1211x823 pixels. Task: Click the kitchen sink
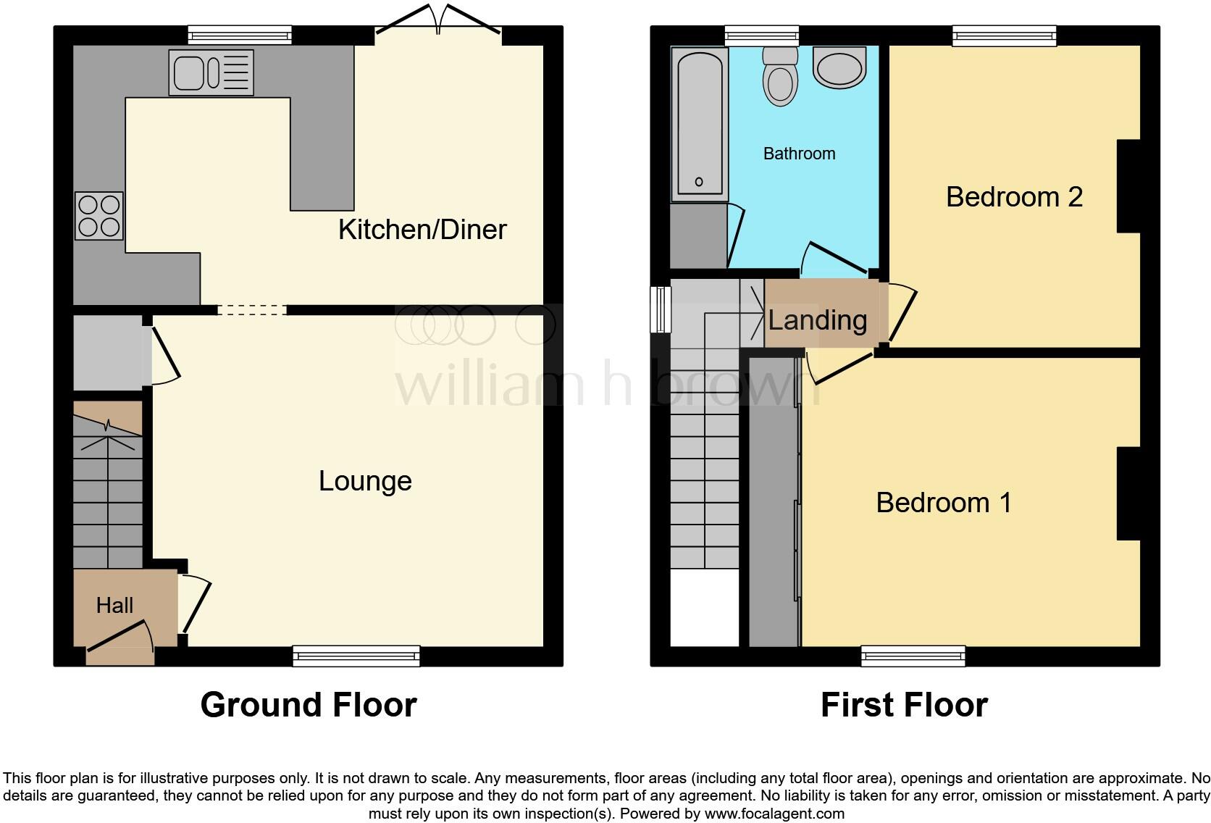coord(211,72)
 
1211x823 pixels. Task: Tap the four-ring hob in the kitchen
coord(99,216)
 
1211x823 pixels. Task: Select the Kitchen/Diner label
coord(422,230)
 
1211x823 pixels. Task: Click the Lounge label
coord(365,481)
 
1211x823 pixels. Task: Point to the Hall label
coord(114,605)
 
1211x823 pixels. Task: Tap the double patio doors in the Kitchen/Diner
coord(438,22)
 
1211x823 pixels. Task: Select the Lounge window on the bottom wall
coord(356,656)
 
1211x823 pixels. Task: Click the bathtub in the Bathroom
coord(699,123)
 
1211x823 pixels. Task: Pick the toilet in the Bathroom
coord(780,76)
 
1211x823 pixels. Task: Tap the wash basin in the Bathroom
coord(840,67)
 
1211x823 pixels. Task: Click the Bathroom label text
coord(799,154)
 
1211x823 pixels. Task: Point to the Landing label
coord(817,320)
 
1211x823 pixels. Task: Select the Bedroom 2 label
coord(1014,197)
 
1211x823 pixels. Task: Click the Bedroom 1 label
coord(943,503)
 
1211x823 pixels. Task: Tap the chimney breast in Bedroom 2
coord(1128,186)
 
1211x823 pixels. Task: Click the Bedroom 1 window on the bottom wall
coord(913,656)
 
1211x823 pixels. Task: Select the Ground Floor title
coord(308,705)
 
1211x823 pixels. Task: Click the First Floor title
coord(904,705)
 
